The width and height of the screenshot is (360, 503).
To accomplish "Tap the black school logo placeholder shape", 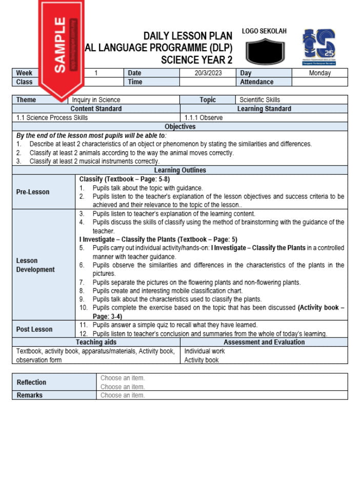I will (x=264, y=52).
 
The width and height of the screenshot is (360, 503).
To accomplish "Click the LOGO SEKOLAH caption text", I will (x=264, y=31).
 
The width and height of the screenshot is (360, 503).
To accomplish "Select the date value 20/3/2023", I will (x=207, y=73).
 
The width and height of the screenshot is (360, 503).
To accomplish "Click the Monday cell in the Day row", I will (x=320, y=73).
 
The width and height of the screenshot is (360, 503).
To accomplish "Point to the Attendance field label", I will (x=256, y=82).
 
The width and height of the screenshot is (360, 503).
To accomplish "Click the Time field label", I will (x=135, y=82).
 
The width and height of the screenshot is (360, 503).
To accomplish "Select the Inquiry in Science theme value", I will (x=96, y=100).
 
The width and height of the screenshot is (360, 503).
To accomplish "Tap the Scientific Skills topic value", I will (x=259, y=100).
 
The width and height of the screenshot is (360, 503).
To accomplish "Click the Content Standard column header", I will (x=96, y=109).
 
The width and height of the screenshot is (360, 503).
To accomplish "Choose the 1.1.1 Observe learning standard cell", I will (x=204, y=117).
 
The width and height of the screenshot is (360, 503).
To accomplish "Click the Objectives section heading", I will (x=180, y=127).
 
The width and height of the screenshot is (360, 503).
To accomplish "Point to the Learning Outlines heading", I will (x=180, y=170).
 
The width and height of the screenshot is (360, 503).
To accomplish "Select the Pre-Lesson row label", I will (x=33, y=192).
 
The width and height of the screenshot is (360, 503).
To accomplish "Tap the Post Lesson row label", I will (x=34, y=329).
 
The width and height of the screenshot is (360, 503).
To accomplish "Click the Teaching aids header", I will (x=96, y=342).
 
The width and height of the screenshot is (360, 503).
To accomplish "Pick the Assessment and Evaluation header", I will (x=264, y=342).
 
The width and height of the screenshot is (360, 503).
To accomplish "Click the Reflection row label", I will (x=31, y=382).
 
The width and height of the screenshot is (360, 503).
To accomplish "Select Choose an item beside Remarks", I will (x=123, y=395).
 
